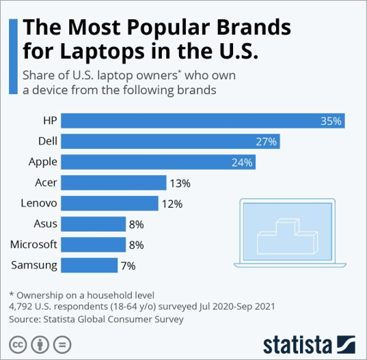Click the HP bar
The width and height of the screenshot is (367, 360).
203,121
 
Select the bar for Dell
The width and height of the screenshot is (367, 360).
171,141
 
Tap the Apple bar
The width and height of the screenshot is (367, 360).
159,162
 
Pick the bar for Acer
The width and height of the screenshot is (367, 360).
114,182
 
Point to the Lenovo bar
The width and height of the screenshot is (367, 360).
110,203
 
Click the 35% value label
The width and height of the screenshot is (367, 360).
331,121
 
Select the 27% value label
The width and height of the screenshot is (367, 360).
267,141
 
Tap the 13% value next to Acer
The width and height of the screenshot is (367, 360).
180,182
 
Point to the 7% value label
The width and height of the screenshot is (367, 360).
128,265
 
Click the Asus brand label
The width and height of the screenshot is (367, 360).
45,223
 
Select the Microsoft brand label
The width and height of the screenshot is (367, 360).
33,244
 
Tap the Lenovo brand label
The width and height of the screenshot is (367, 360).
38,203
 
